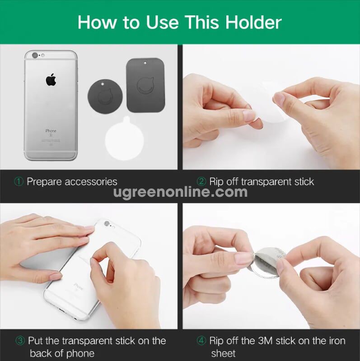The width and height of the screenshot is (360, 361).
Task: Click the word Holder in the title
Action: tap(253, 22)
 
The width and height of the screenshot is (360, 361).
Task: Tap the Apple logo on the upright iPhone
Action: tap(51, 80)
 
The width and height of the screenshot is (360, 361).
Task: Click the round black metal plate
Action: tap(105, 96)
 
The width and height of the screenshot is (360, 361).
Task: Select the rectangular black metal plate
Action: tap(145, 85)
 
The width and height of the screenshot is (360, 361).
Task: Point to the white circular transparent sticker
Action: tap(125, 139)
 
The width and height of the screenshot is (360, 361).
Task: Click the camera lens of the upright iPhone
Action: tap(35, 55)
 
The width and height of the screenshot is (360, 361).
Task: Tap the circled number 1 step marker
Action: tap(19, 182)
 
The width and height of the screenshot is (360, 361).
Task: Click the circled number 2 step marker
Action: tap(201, 182)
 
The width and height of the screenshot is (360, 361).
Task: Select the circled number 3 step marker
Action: tap(20, 341)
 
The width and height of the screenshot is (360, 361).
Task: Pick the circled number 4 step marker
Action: tap(201, 341)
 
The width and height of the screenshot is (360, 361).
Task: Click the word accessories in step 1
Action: tap(91, 182)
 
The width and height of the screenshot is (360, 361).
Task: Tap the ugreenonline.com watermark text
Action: tap(180, 192)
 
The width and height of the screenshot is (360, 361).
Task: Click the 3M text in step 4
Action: tap(265, 341)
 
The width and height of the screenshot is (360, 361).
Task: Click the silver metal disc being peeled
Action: tap(268, 262)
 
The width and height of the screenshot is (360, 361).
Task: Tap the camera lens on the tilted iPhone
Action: tap(107, 223)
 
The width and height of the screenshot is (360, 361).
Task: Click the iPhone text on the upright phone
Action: tap(51, 131)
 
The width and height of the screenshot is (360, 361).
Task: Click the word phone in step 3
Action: tap(80, 354)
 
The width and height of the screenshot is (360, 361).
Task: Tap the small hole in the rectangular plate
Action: tap(145, 63)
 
